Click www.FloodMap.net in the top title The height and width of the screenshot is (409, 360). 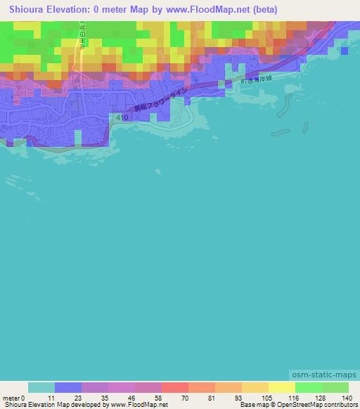[208, 10]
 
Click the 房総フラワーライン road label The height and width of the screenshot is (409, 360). [160, 98]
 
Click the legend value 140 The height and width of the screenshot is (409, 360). [346, 397]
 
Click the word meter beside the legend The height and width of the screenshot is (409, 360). [12, 397]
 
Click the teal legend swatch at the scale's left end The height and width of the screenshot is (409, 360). [41, 387]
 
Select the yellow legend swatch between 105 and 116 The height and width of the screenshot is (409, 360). [281, 387]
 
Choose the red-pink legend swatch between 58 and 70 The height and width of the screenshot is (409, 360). [175, 387]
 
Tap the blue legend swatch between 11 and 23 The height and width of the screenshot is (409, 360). [68, 387]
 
